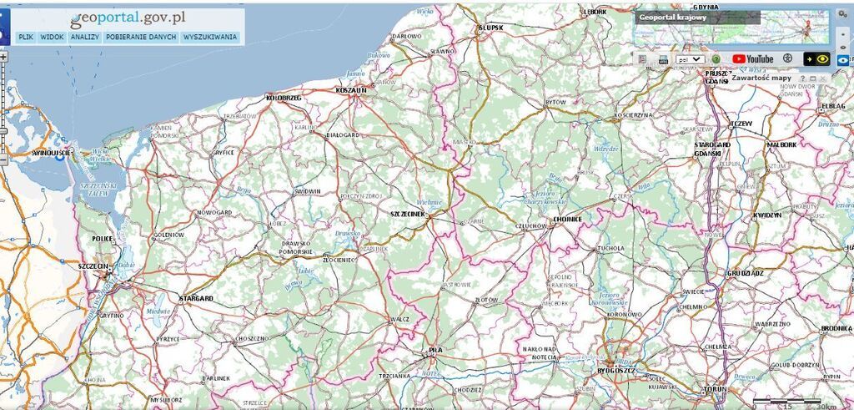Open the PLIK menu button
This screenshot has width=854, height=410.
[25, 38]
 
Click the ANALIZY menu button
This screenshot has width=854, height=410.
[85, 38]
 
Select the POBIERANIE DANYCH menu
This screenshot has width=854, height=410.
[142, 38]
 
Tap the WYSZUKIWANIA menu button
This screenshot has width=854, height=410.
[210, 38]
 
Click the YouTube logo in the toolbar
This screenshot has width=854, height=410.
[753, 59]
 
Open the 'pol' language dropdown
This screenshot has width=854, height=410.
[690, 59]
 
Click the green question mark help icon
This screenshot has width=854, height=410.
[716, 59]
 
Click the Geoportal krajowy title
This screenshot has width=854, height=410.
[672, 17]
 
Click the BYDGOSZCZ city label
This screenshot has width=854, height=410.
[616, 370]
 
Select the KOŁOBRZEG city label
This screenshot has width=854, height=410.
[283, 98]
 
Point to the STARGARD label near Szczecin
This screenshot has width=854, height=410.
[197, 298]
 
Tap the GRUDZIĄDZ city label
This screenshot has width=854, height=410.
[746, 273]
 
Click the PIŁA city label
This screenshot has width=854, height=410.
[435, 350]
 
